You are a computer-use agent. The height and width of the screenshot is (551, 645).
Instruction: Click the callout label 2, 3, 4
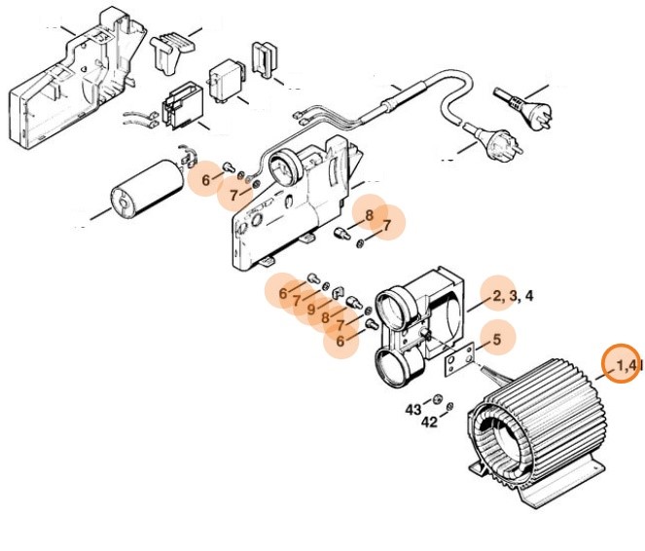[x=512, y=295]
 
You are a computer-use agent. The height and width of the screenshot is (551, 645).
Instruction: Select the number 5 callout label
[x=497, y=340]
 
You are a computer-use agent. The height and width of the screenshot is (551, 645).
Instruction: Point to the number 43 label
[x=413, y=410]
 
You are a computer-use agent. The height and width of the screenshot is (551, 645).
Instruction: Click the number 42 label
[x=428, y=422]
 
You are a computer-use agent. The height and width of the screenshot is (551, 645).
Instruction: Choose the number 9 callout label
[x=312, y=311]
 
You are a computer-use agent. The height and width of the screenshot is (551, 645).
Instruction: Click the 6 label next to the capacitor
[x=205, y=180]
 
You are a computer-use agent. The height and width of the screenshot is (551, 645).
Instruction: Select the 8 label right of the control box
[x=369, y=214]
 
